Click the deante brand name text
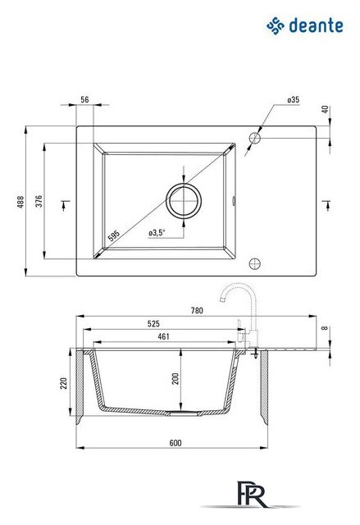click(316, 25)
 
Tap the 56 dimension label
click(85, 99)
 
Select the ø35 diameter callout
click(293, 99)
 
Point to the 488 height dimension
click(21, 202)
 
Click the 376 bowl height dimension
click(39, 201)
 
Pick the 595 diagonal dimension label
click(114, 235)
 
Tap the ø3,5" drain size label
click(157, 232)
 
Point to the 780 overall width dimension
click(197, 310)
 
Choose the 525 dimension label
click(153, 324)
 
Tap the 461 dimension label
click(164, 336)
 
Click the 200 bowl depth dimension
click(175, 379)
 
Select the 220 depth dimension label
click(63, 383)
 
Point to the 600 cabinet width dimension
click(175, 443)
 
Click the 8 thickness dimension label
click(324, 328)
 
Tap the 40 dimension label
click(326, 109)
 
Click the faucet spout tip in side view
click(221, 299)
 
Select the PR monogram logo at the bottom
click(251, 494)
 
